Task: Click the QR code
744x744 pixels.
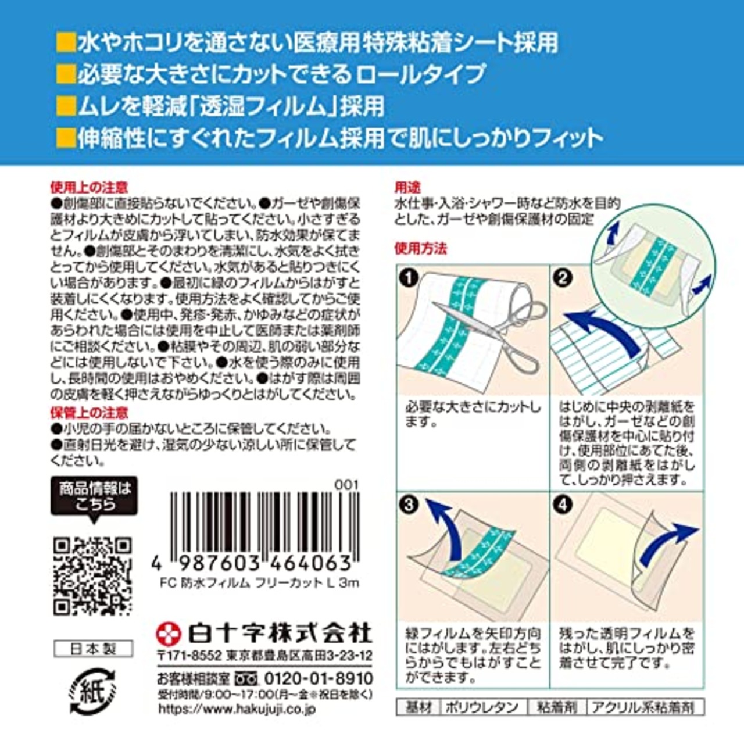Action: pyautogui.click(x=93, y=577)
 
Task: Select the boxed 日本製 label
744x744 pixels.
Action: pyautogui.click(x=93, y=649)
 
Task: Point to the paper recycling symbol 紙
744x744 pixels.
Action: pyautogui.click(x=93, y=692)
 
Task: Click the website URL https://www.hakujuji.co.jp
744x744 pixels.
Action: pyautogui.click(x=237, y=709)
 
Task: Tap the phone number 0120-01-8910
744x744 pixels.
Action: pyautogui.click(x=319, y=678)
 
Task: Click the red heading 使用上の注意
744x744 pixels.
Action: pyautogui.click(x=89, y=188)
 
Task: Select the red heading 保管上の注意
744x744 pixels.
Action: pyautogui.click(x=89, y=413)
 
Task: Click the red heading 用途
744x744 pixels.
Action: pyautogui.click(x=407, y=187)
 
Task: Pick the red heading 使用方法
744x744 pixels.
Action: pyautogui.click(x=421, y=249)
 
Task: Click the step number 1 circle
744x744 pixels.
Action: pyautogui.click(x=410, y=278)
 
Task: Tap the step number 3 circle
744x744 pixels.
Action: pyautogui.click(x=409, y=504)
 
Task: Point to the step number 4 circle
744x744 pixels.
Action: pyautogui.click(x=563, y=504)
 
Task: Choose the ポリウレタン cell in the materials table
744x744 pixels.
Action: pyautogui.click(x=482, y=707)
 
